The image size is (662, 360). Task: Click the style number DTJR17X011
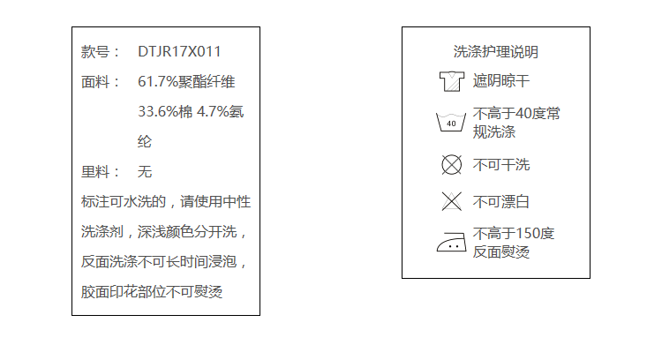click(x=179, y=52)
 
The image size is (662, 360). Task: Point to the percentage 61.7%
click(x=158, y=82)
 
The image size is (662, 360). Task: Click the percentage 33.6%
click(x=158, y=112)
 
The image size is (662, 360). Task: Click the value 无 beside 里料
click(x=146, y=172)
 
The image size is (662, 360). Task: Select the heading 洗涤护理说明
click(x=495, y=52)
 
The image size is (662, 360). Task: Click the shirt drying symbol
click(x=451, y=82)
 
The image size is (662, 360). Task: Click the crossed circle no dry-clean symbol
click(x=451, y=164)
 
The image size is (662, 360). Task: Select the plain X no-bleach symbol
click(x=451, y=201)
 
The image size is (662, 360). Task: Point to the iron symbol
click(x=451, y=242)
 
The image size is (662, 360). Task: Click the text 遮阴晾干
click(x=501, y=81)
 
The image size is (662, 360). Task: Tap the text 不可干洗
click(x=501, y=165)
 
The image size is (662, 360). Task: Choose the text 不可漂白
click(x=501, y=202)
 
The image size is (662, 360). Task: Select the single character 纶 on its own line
click(x=146, y=141)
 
